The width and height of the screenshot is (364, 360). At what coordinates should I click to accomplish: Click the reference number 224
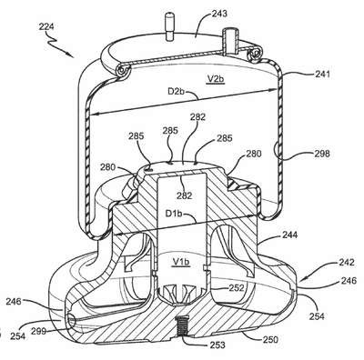pos(46,26)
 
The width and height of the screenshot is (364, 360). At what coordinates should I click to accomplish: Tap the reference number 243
pos(218,14)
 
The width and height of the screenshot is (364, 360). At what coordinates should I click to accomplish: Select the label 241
pos(322,74)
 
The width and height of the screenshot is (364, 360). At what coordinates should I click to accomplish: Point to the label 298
pos(322,154)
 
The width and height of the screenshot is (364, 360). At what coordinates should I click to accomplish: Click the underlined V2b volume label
pos(216,79)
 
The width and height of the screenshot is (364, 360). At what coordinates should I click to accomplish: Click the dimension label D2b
pos(177,91)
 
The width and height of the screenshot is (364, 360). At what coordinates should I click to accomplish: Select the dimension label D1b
pos(174,214)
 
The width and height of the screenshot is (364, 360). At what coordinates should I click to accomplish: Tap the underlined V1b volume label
pos(181,262)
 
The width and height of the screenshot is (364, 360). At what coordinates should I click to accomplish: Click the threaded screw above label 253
pos(182,325)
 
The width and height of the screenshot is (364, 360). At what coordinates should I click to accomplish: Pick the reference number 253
pos(217,345)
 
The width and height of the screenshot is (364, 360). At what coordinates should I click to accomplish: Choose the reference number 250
pos(270,340)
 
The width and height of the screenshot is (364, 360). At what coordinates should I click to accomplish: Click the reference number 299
pos(38,332)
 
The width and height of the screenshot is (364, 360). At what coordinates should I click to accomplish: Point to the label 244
pos(290,235)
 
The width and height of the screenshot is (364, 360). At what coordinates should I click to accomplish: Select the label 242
pos(347,262)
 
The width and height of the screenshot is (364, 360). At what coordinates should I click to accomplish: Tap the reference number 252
pos(237,287)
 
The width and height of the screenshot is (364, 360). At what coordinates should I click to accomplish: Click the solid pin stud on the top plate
pos(168,26)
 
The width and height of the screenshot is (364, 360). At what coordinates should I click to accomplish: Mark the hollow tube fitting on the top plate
pos(229,42)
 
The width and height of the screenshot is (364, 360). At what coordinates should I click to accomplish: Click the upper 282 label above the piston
pos(197,117)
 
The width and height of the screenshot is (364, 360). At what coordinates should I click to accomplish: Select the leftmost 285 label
pos(136,136)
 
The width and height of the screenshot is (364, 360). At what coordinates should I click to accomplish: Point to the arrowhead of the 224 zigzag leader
pos(72,56)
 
